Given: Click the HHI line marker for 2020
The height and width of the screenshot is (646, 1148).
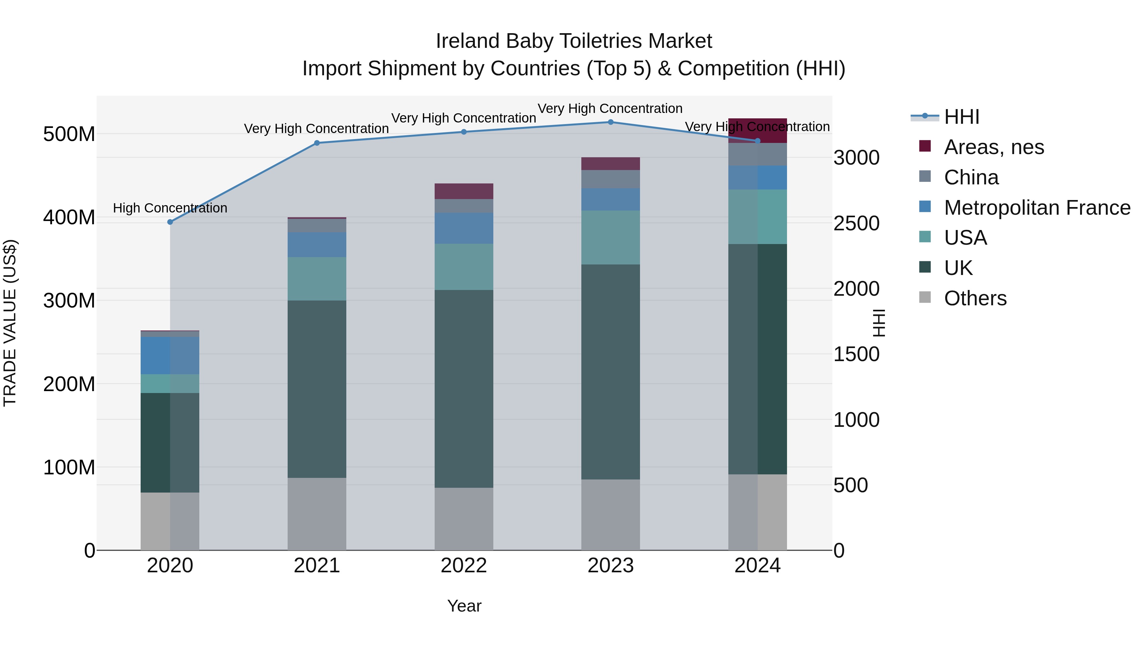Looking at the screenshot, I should [x=170, y=222].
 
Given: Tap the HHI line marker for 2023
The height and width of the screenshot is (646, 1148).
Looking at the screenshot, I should [x=611, y=122].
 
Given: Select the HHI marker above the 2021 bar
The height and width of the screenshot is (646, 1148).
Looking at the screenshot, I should [x=317, y=143].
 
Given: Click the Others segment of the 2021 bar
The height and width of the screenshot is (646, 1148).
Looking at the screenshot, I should [x=317, y=514].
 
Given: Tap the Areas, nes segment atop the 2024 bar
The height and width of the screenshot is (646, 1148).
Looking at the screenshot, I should [x=758, y=130].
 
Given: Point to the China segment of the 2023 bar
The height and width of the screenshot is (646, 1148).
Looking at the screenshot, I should [x=611, y=179].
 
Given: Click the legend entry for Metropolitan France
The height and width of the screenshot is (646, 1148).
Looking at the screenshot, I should [x=1037, y=208].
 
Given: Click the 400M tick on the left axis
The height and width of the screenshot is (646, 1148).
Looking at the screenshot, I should [x=69, y=218].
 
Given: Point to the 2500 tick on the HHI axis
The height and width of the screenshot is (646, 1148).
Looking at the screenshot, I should [x=856, y=223].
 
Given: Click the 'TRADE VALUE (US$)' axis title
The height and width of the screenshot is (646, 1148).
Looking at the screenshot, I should [x=10, y=323].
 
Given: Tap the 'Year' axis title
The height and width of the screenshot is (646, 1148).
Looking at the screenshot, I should [x=464, y=606].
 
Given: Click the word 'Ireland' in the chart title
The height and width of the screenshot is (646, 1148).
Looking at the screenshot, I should [x=467, y=41].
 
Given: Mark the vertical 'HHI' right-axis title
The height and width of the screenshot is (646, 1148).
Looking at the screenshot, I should [x=879, y=323].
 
